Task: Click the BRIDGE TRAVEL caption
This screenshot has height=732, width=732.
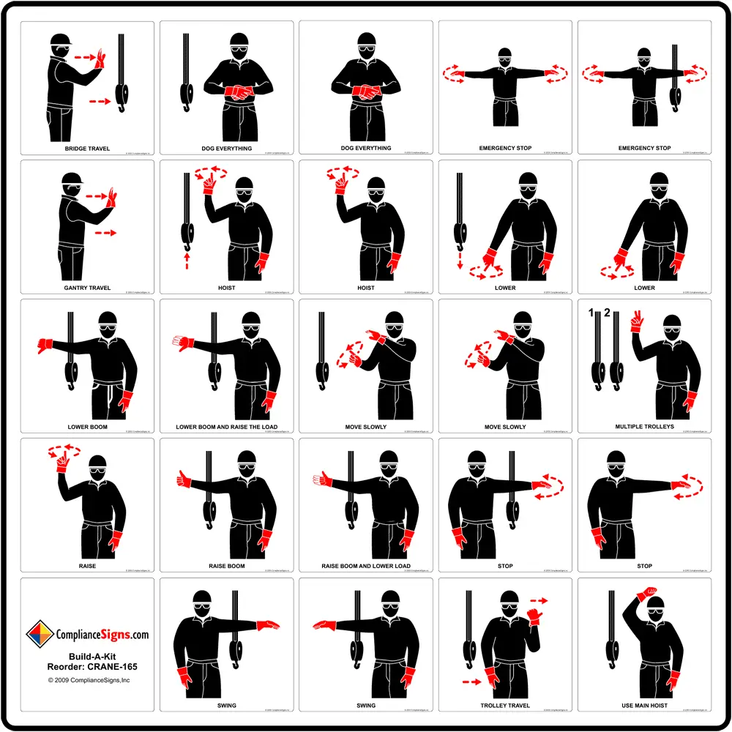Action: point(87,149)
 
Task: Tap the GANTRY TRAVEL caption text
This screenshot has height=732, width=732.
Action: point(87,288)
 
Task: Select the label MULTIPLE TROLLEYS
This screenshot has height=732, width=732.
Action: point(644,427)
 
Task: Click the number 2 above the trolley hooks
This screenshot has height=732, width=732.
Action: point(606,314)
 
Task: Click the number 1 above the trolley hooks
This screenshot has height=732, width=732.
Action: point(590,314)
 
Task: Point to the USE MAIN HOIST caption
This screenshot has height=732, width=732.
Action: point(644,706)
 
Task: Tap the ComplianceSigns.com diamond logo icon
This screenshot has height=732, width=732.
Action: point(40,635)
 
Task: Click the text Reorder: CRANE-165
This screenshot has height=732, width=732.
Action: point(87,667)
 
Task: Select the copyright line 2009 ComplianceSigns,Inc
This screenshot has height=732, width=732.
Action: point(89,680)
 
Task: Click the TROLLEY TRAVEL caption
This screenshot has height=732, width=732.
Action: point(505,706)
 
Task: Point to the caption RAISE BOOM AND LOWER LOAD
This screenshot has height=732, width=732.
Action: point(366,566)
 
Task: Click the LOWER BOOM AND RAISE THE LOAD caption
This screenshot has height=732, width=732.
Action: point(227,427)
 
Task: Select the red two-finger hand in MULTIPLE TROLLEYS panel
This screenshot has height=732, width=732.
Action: point(635,321)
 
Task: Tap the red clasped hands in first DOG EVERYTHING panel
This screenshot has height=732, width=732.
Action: point(236,92)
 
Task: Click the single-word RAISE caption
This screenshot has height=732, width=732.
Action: point(87,566)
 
